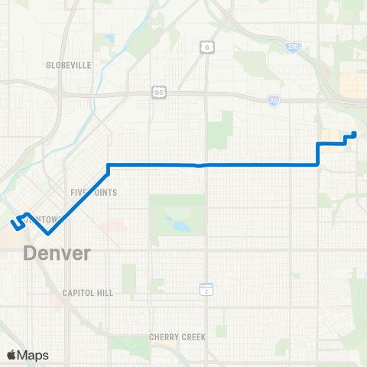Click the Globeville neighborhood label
point(69,66)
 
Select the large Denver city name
point(57,253)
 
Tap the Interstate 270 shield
point(293,47)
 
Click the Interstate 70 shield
point(274,100)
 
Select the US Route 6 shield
point(206,47)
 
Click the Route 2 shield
point(205,289)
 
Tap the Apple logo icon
point(11,355)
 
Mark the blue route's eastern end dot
point(353,135)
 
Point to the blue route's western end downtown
point(13,223)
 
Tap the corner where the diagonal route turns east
point(109,165)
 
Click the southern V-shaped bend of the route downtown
point(48,234)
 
